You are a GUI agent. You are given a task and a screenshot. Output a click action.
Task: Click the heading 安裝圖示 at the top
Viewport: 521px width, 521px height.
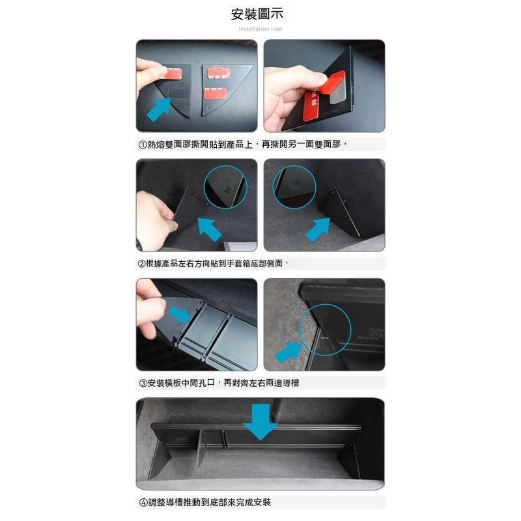pos(257,14)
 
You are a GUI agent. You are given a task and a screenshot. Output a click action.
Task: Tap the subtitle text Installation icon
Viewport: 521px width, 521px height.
pos(260,29)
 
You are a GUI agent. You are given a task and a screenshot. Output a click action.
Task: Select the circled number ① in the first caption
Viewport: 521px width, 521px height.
pos(143,145)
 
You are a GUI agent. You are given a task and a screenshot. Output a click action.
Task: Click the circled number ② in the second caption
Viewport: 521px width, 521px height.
pos(141,264)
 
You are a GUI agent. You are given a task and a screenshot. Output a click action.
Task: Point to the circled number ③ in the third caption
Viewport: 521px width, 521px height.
pos(143,383)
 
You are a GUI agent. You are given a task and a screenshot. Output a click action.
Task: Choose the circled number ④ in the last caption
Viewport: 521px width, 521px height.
pos(143,502)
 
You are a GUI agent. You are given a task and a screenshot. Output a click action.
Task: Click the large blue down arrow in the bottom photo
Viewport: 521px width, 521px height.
pos(260,422)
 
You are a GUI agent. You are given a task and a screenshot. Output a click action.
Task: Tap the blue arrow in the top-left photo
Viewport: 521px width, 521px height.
pos(159,109)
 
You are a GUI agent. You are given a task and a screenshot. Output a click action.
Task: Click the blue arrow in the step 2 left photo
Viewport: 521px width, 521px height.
pos(209,229)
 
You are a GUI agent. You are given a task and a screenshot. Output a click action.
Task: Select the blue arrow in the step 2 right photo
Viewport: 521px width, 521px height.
pos(318,229)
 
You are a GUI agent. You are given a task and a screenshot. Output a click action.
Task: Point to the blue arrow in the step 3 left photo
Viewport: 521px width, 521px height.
pos(180,315)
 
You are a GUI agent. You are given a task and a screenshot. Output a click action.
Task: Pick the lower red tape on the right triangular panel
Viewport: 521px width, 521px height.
pos(216,94)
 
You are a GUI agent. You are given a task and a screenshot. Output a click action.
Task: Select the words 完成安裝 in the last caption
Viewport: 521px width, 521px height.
pos(253,502)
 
